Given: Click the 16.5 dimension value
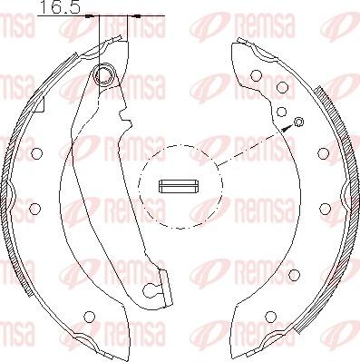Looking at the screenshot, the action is pyautogui.click(x=60, y=7).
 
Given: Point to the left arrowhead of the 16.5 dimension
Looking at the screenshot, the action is pyautogui.click(x=90, y=15).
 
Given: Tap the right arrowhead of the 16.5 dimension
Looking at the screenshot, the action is pyautogui.click(x=136, y=15).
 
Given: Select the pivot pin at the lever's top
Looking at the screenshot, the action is pyautogui.click(x=105, y=74).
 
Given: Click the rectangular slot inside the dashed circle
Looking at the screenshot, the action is pyautogui.click(x=179, y=186).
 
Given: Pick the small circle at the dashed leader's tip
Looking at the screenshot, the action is pyautogui.click(x=298, y=122).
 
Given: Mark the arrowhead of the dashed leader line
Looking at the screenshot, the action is pyautogui.click(x=287, y=128).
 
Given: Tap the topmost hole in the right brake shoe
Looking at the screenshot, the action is pyautogui.click(x=256, y=76).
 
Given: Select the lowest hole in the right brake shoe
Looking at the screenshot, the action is pyautogui.click(x=270, y=317).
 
